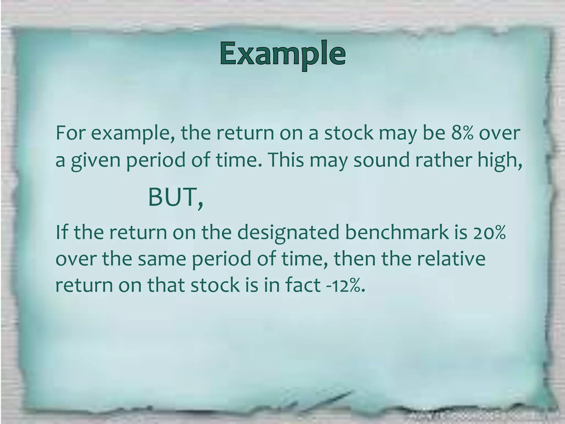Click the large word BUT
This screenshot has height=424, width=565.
click(172, 197)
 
